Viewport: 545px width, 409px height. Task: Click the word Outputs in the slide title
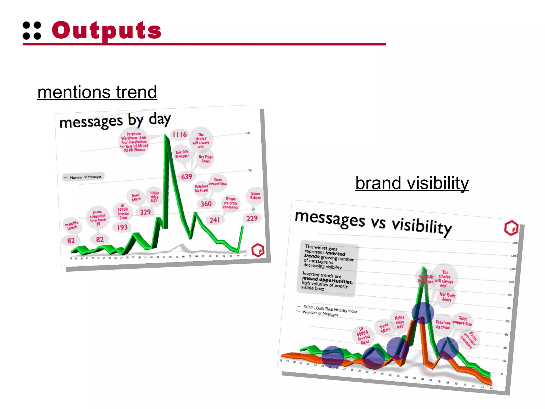point(106,30)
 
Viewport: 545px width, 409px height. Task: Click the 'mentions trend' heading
point(97,92)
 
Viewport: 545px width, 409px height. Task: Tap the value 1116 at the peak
point(180,134)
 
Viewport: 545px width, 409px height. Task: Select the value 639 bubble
point(187,177)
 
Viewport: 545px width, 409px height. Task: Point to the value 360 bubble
point(206,204)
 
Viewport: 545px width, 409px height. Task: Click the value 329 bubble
point(145,212)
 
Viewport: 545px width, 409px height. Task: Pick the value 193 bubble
point(122,227)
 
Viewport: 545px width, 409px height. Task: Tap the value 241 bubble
point(214,220)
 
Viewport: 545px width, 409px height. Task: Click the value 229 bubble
point(252,218)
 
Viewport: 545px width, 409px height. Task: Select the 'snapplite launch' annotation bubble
point(72,226)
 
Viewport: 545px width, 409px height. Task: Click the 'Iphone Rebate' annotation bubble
point(255,196)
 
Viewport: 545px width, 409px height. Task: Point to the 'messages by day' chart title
point(115,121)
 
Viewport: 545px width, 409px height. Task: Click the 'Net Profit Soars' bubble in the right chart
point(447,297)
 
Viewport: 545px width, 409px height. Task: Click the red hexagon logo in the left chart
point(258,250)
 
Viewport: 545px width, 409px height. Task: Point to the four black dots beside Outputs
point(32,31)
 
